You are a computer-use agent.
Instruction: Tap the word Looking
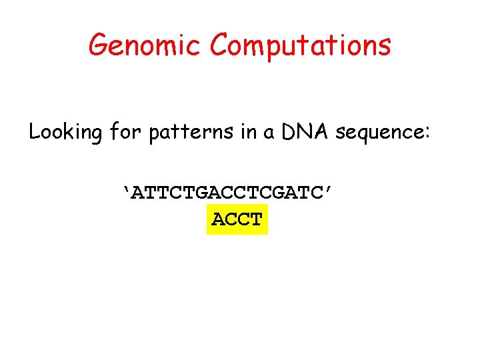[64, 132]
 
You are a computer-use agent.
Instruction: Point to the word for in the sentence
[125, 131]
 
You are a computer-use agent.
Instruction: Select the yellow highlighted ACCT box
[237, 219]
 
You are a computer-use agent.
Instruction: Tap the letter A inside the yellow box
[217, 219]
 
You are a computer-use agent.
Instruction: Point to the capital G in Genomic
[98, 45]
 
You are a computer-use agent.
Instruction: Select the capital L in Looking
[34, 131]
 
